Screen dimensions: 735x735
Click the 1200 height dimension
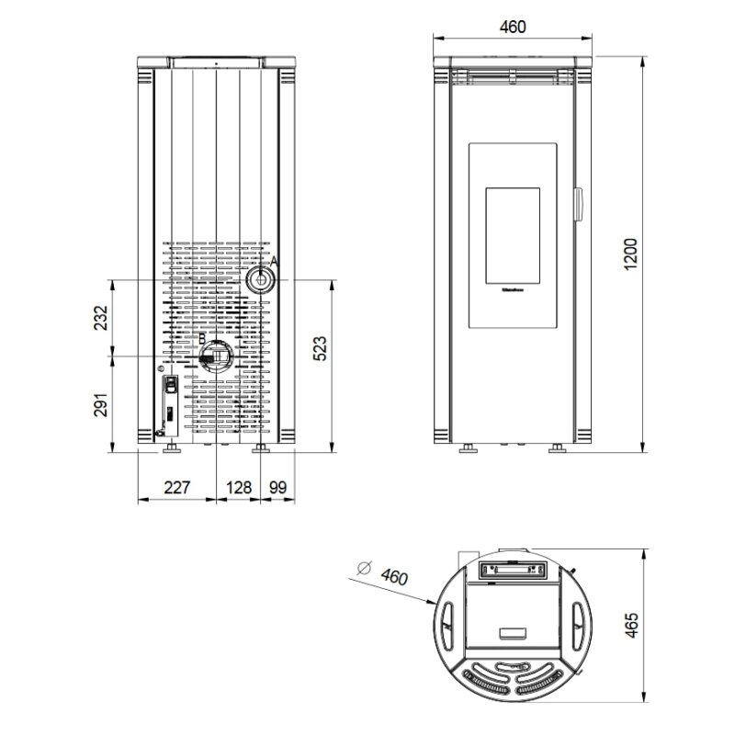click(x=629, y=251)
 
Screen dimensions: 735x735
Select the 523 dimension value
click(x=320, y=350)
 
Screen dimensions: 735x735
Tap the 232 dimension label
click(x=102, y=317)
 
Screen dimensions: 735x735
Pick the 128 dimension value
click(x=239, y=488)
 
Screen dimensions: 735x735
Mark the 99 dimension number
click(x=277, y=488)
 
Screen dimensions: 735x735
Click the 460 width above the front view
click(x=513, y=26)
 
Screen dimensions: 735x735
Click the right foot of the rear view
click(x=261, y=450)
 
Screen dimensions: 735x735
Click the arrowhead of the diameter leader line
click(x=435, y=604)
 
